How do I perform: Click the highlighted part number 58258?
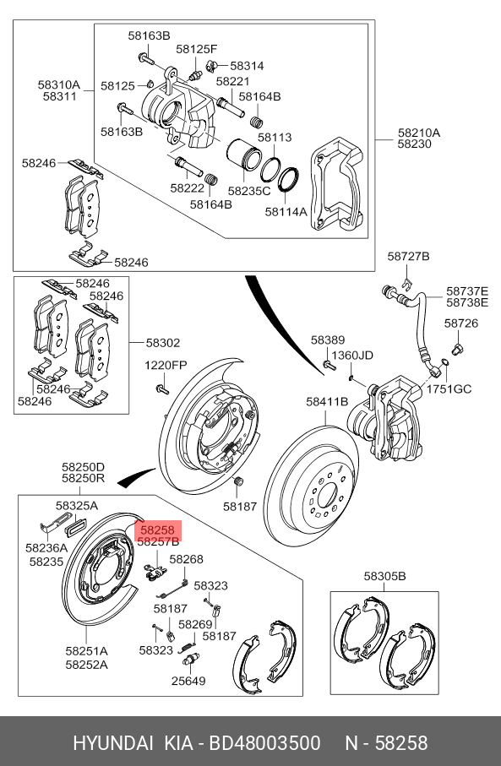tap(157, 530)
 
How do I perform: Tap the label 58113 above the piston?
tap(275, 138)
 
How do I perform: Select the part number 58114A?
tap(286, 211)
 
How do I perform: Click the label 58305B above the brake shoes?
tap(384, 576)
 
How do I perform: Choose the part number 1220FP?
tap(166, 365)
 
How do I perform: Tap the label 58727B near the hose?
tap(409, 256)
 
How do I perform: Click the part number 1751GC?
tap(449, 388)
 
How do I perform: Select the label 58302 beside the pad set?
tap(163, 343)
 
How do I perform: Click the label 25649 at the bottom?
tap(188, 681)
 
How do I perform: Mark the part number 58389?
tap(328, 340)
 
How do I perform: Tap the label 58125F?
tap(197, 49)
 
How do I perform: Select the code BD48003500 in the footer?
tap(265, 743)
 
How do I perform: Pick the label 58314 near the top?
tap(247, 66)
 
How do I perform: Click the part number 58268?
tap(186, 559)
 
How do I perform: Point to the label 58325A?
tap(77, 506)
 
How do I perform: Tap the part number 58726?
tap(461, 323)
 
